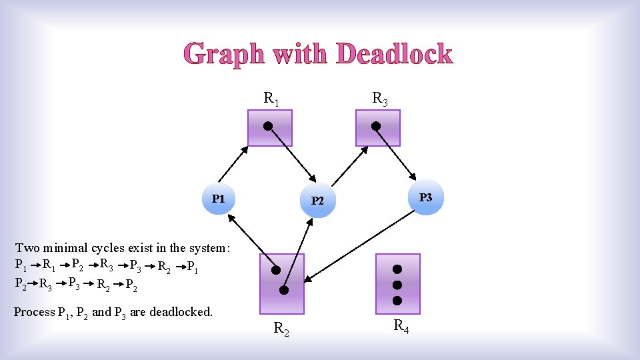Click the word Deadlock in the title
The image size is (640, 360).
coord(395,54)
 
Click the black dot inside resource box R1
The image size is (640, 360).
coord(267,125)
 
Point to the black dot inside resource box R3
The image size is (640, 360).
coord(376,125)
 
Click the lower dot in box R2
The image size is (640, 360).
coord(283,291)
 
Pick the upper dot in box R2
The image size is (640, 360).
coord(274,270)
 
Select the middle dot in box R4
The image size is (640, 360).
coord(397,285)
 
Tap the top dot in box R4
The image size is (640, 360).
coord(397,270)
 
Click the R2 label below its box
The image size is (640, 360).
coord(282,327)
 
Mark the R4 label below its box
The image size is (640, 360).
coord(401,327)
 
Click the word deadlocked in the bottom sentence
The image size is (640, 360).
coord(180,312)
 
